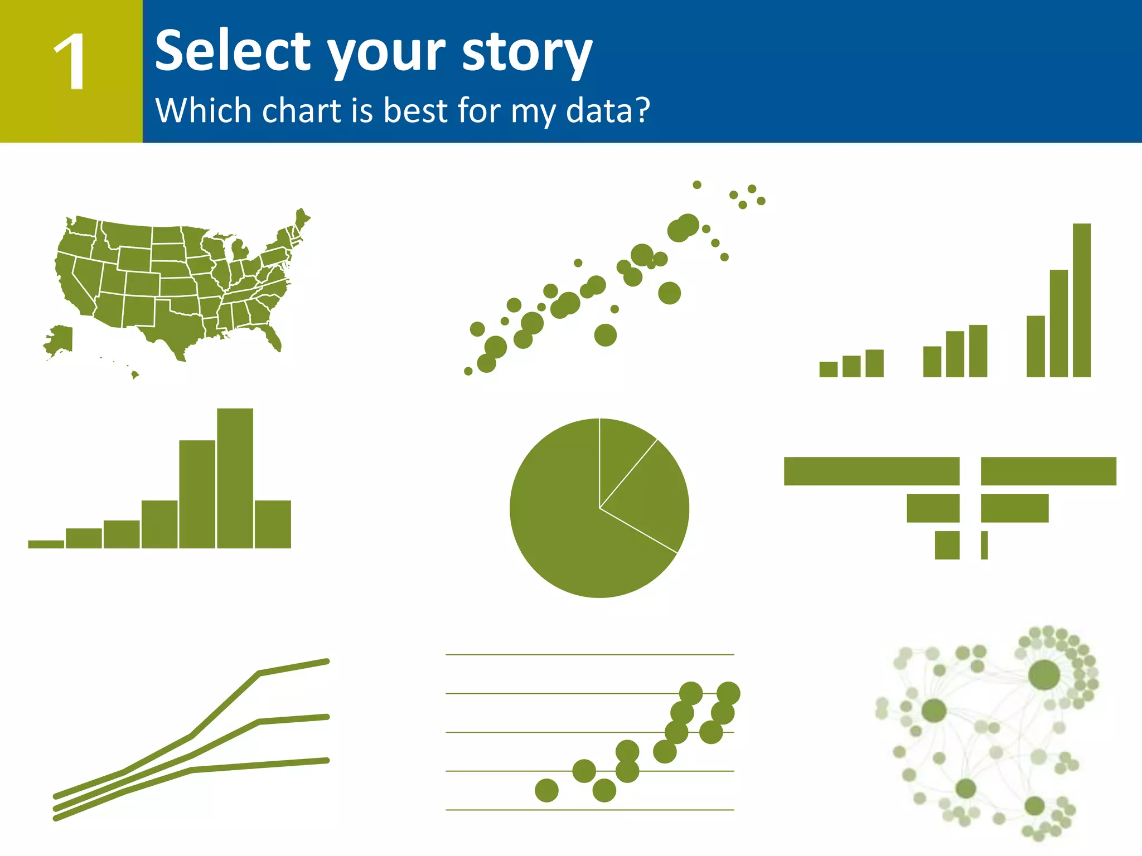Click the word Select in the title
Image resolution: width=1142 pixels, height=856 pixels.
click(x=232, y=51)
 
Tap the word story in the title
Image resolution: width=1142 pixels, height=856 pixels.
click(x=527, y=53)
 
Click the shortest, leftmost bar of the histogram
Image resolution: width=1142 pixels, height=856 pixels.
click(x=46, y=544)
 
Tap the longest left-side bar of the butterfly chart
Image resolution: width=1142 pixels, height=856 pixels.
click(x=871, y=471)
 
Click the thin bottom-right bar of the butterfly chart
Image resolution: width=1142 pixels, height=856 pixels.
click(x=984, y=545)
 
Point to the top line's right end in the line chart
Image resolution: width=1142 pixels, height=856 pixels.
click(x=326, y=662)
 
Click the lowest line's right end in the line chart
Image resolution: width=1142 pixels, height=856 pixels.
click(x=326, y=760)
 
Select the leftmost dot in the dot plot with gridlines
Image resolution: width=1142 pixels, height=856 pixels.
click(x=546, y=790)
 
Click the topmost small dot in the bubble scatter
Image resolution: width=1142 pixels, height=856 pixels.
click(x=697, y=185)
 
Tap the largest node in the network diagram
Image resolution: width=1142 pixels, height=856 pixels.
click(x=1043, y=674)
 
